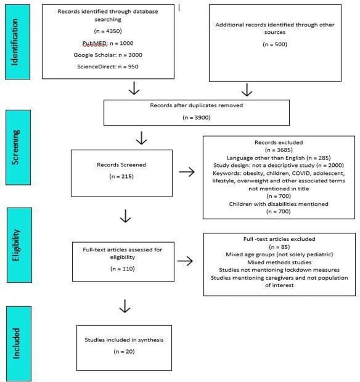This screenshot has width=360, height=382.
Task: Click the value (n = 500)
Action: pos(274,44)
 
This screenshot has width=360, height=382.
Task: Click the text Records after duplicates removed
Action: pos(196,105)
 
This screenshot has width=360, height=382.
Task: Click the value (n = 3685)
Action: pos(279,150)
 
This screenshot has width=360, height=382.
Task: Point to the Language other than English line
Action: pos(279,157)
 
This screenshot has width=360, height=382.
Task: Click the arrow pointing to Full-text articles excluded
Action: pos(186,261)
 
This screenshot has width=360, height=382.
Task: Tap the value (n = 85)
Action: pos(279,245)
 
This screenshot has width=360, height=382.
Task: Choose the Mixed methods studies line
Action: pos(279,261)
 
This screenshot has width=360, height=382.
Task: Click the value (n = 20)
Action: pos(124,351)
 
